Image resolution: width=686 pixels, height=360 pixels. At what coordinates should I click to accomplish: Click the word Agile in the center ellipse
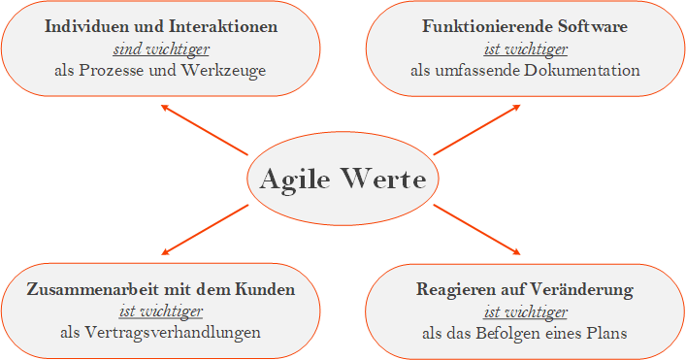pyautogui.click(x=295, y=180)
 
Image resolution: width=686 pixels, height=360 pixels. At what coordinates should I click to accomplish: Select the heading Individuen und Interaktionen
pyautogui.click(x=162, y=27)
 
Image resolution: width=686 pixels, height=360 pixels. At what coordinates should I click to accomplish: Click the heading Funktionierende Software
pyautogui.click(x=525, y=27)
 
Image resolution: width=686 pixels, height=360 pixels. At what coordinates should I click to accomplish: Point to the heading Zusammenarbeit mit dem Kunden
pyautogui.click(x=161, y=289)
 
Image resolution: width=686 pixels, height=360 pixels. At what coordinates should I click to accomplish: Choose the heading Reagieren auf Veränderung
pyautogui.click(x=525, y=289)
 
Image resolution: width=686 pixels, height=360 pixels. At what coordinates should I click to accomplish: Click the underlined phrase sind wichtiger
pyautogui.click(x=161, y=49)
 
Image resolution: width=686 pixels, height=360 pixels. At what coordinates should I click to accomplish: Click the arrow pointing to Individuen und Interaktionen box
pyautogui.click(x=204, y=129)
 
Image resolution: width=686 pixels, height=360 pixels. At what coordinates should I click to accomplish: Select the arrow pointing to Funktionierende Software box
pyautogui.click(x=477, y=129)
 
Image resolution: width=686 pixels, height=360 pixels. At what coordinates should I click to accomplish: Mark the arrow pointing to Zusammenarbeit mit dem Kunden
pyautogui.click(x=204, y=230)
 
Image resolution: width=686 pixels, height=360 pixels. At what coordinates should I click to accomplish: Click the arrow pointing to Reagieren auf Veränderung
pyautogui.click(x=477, y=230)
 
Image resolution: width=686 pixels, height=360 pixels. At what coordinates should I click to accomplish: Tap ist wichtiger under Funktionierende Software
pyautogui.click(x=525, y=49)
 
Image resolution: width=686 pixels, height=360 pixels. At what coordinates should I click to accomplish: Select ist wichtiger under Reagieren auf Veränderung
pyautogui.click(x=525, y=311)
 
